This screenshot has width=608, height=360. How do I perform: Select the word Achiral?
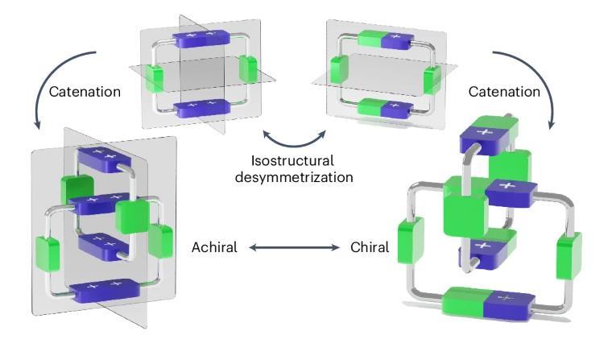[213, 247]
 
